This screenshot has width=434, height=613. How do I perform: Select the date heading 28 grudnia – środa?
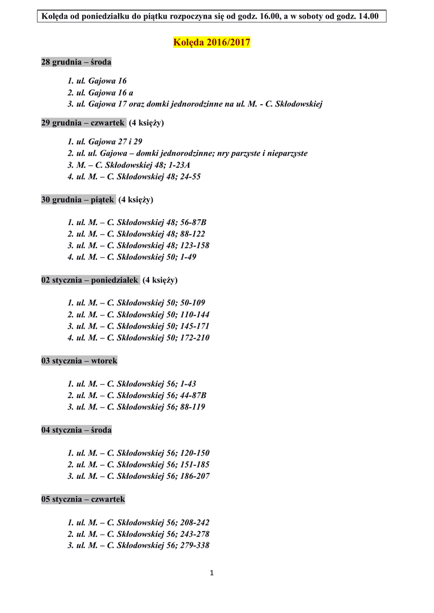[76, 62]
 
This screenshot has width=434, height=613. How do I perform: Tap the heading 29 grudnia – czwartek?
[83, 123]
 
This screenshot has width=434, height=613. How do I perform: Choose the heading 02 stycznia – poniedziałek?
[90, 280]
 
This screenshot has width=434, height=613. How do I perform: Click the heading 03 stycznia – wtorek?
[80, 361]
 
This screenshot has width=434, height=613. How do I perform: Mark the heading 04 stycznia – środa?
[76, 430]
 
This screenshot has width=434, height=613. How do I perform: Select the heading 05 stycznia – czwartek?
[83, 499]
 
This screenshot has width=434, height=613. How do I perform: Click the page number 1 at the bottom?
[211, 573]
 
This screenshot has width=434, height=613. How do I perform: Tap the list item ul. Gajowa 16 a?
[100, 92]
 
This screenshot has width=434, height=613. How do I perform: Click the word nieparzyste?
[286, 153]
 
